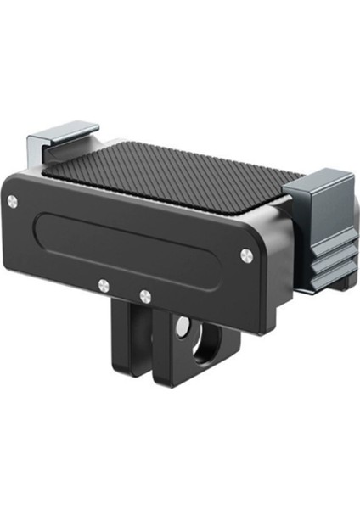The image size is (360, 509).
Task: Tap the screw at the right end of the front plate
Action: click(245, 252)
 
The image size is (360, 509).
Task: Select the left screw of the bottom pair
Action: click(103, 284)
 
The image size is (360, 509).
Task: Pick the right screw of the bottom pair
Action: click(145, 295)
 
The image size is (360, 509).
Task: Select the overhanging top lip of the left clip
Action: click(63, 134)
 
